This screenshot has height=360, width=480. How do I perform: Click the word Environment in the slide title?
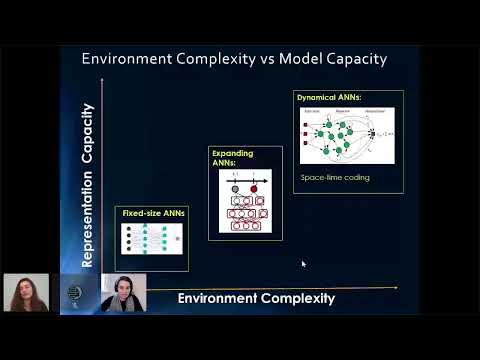(129, 59)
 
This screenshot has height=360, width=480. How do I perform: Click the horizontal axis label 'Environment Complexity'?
(255, 298)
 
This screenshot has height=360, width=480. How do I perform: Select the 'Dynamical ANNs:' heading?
(329, 97)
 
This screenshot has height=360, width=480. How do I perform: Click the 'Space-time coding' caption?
(335, 177)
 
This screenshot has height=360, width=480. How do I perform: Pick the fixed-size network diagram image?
(151, 240)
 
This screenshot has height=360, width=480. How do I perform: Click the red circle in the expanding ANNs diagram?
(253, 188)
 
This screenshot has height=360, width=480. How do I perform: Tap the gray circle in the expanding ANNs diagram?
(236, 188)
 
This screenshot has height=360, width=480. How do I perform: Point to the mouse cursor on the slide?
(303, 264)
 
